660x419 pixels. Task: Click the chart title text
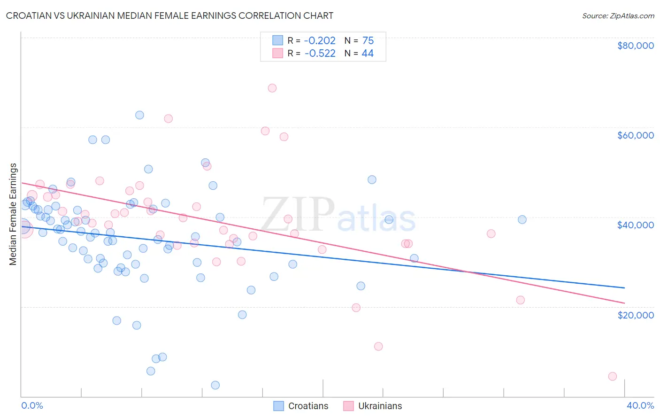click(169, 16)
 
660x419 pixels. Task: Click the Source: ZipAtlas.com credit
click(618, 16)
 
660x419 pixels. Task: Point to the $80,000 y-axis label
click(635, 46)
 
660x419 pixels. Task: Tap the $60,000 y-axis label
click(635, 135)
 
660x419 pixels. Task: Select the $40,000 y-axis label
click(635, 225)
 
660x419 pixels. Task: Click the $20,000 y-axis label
click(635, 315)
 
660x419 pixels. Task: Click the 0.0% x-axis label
click(32, 405)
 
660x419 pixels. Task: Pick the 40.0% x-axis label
click(640, 405)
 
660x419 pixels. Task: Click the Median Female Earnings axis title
click(13, 214)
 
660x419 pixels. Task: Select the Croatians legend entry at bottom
click(301, 406)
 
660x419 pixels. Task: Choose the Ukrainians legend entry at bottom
click(373, 406)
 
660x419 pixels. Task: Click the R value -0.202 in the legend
click(320, 41)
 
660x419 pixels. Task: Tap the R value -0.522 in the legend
click(320, 54)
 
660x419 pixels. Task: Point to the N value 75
click(368, 41)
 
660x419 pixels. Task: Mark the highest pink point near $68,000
click(272, 88)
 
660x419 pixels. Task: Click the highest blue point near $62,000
click(139, 115)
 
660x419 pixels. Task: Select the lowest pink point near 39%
click(612, 376)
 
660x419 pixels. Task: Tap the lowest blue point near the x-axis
click(215, 385)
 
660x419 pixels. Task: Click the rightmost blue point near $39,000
click(522, 219)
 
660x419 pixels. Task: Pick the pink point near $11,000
click(378, 346)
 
